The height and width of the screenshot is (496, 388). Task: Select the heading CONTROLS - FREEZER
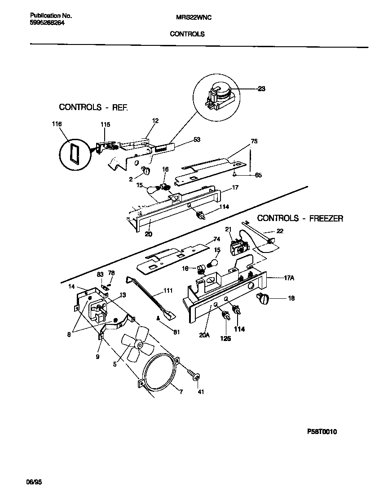tap(300, 219)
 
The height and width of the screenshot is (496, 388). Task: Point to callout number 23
tap(261, 89)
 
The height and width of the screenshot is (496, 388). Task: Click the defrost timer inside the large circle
tap(220, 95)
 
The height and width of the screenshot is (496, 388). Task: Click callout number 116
tap(57, 124)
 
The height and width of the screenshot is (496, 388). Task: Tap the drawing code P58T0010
tap(322, 432)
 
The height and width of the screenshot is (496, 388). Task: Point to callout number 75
tap(254, 141)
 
